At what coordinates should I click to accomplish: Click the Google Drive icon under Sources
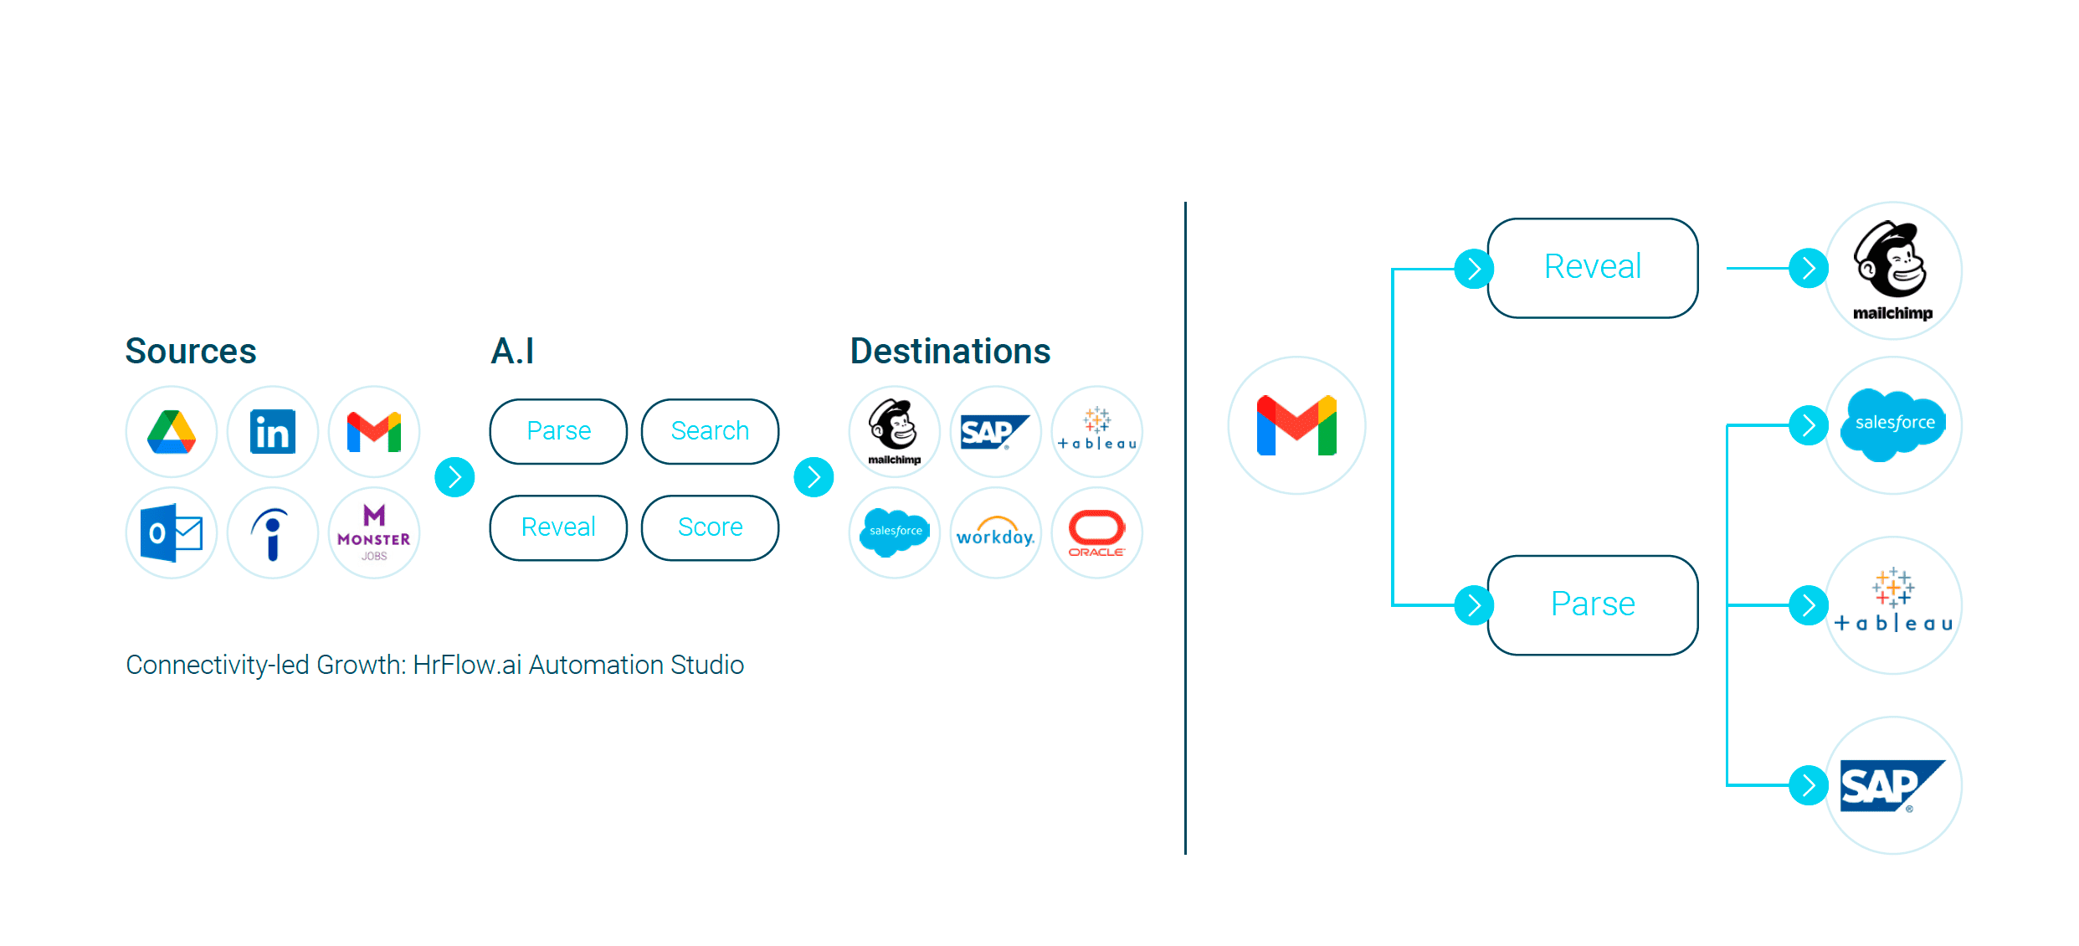tap(172, 432)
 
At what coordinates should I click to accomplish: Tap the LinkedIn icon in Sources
tap(273, 432)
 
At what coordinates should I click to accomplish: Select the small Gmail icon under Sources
tap(374, 432)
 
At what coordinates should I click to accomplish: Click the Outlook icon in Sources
tap(172, 533)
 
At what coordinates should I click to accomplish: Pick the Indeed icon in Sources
tap(273, 533)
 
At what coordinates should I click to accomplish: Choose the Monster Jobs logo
tap(374, 533)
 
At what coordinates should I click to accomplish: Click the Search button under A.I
tap(710, 431)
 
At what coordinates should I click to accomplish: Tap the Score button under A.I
tap(710, 527)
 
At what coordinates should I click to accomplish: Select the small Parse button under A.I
tap(558, 431)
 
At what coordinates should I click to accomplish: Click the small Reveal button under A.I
tap(558, 527)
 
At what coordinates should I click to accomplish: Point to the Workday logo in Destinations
tap(996, 533)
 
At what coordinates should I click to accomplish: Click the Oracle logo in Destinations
tap(1097, 533)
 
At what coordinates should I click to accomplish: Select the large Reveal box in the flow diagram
tap(1592, 268)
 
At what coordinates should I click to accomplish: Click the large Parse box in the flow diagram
tap(1592, 604)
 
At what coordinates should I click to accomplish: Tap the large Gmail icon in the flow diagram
tap(1296, 425)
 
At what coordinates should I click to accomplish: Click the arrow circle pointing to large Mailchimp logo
tap(1809, 268)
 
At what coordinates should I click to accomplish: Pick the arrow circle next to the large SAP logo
tap(1809, 785)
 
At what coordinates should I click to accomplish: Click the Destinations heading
tap(950, 351)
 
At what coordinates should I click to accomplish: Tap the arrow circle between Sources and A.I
tap(455, 477)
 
